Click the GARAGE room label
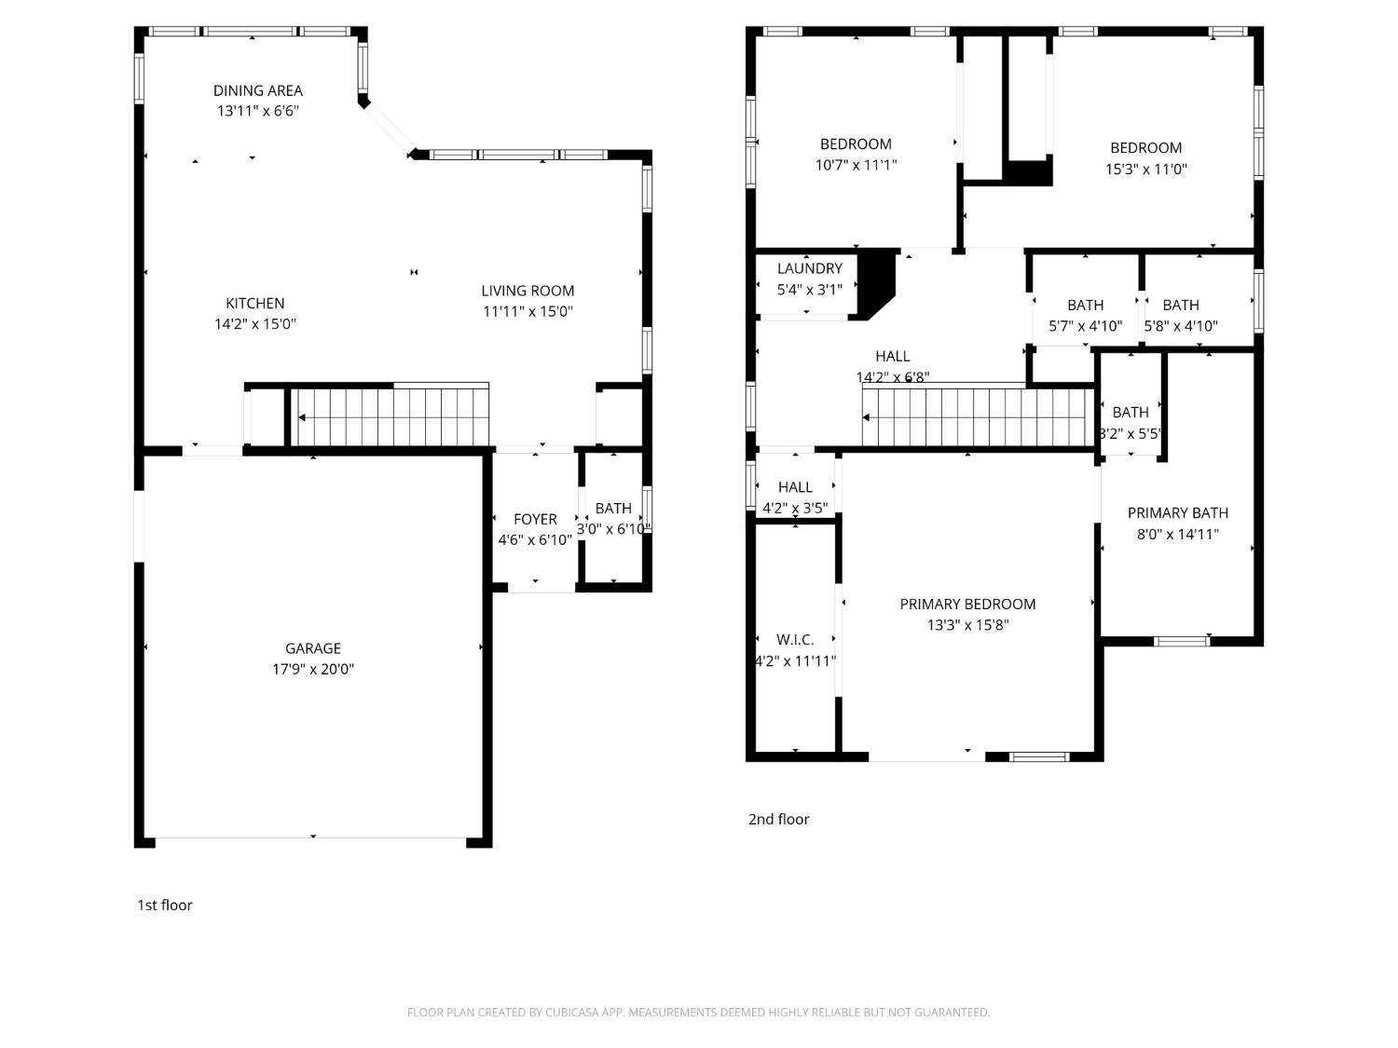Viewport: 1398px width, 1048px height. (x=312, y=648)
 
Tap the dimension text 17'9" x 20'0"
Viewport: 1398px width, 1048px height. (x=312, y=669)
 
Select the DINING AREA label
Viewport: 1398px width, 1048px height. (x=257, y=90)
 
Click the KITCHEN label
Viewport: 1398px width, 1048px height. (x=254, y=303)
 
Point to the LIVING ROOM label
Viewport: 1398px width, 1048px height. (x=528, y=291)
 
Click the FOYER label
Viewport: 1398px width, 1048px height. (x=534, y=519)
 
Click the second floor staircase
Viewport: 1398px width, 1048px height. (x=977, y=417)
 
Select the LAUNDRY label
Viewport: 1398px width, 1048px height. (x=809, y=268)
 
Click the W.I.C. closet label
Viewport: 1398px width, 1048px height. (x=795, y=639)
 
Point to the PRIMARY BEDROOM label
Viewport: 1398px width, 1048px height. (x=967, y=604)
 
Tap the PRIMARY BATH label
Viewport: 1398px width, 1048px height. (x=1177, y=512)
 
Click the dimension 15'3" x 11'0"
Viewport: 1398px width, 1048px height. (x=1145, y=169)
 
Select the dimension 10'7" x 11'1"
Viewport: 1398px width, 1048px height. (x=856, y=165)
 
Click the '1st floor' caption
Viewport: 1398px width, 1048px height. (x=164, y=905)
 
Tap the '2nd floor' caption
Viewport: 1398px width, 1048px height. (x=778, y=819)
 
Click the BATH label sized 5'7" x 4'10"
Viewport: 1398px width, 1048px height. (x=1085, y=305)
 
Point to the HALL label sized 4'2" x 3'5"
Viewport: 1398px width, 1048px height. (x=795, y=486)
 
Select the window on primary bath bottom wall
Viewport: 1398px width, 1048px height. (x=1182, y=640)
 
